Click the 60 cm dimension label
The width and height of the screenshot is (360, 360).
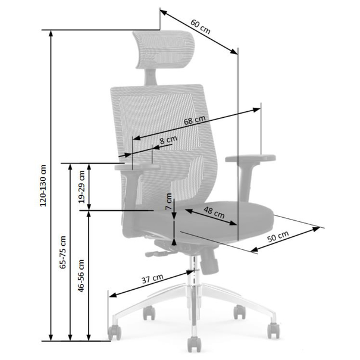[200, 27]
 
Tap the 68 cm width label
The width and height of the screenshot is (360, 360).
[195, 120]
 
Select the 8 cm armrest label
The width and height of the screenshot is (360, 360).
[168, 140]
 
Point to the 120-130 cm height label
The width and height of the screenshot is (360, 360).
[43, 186]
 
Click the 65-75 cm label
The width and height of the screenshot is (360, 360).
[62, 252]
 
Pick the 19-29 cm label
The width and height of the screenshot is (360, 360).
[82, 187]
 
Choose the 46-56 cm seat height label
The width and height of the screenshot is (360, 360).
[81, 276]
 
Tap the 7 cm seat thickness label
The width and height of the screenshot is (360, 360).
[169, 201]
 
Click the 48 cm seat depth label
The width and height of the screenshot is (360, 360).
[214, 212]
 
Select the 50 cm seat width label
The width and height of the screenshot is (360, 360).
[278, 237]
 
